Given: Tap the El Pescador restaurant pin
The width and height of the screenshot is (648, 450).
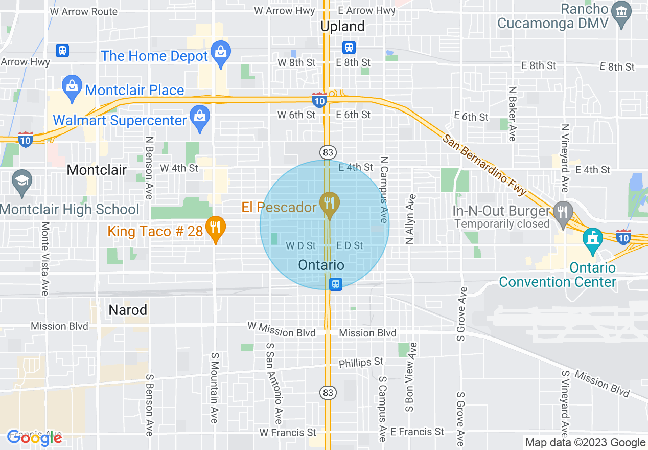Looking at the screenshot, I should click(x=330, y=204).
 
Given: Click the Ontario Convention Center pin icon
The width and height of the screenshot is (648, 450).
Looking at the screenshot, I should click(x=593, y=240).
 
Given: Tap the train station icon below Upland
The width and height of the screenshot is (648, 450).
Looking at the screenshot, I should click(x=349, y=48).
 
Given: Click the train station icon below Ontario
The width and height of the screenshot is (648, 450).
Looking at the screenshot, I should click(x=335, y=284).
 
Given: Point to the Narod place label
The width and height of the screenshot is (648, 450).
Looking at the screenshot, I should click(x=128, y=310).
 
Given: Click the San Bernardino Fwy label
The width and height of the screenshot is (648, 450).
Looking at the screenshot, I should click(x=484, y=165).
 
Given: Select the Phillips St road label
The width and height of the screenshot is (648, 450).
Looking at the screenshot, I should click(x=361, y=363).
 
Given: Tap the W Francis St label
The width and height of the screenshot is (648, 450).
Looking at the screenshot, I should click(x=288, y=433).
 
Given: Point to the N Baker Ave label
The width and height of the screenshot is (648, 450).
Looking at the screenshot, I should click(x=512, y=114).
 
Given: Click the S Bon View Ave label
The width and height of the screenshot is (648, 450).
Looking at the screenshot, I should click(x=410, y=377).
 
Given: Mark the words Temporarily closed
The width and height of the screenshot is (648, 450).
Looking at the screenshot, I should click(x=502, y=224).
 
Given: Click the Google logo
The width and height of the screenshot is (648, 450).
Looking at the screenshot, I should click(x=34, y=437).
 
